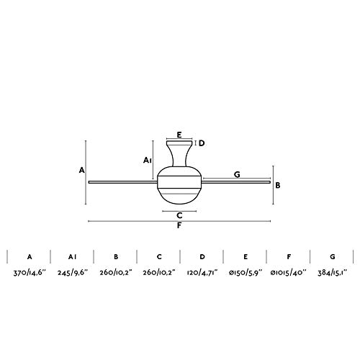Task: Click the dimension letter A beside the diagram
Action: click(x=83, y=171)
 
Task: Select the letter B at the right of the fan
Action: click(x=278, y=184)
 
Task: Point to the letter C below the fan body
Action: click(x=179, y=215)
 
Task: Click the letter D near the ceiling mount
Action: click(x=202, y=143)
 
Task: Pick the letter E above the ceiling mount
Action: click(x=179, y=134)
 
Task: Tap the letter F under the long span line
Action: click(x=179, y=227)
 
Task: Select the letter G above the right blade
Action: click(x=235, y=174)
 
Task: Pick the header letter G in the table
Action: click(x=331, y=256)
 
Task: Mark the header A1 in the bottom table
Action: click(x=72, y=256)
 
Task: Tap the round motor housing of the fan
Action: click(x=179, y=183)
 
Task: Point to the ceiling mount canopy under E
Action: click(x=179, y=143)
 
